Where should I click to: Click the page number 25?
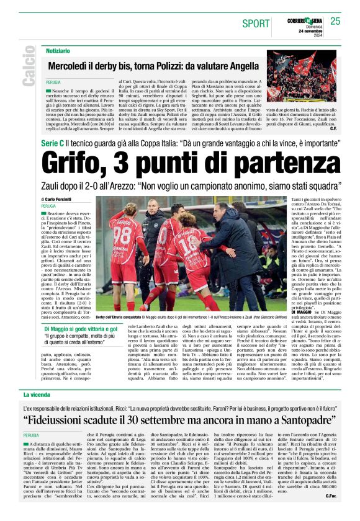coord(336,21)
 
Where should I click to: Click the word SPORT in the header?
coord(256,24)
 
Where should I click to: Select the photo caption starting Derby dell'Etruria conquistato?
coord(186,317)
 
